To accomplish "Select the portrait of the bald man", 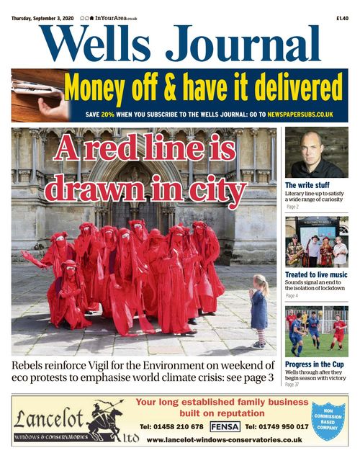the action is click(316, 153).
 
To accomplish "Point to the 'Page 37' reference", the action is click(292, 385).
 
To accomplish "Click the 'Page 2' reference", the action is click(292, 207).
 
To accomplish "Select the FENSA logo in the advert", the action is click(225, 426).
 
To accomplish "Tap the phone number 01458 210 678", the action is click(173, 426).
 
